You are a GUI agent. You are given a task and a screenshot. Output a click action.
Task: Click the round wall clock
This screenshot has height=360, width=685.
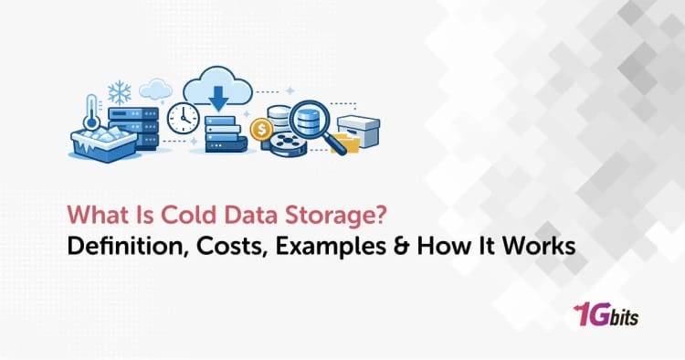(x=184, y=117)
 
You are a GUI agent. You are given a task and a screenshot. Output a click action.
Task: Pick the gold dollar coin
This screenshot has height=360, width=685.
(x=261, y=131)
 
